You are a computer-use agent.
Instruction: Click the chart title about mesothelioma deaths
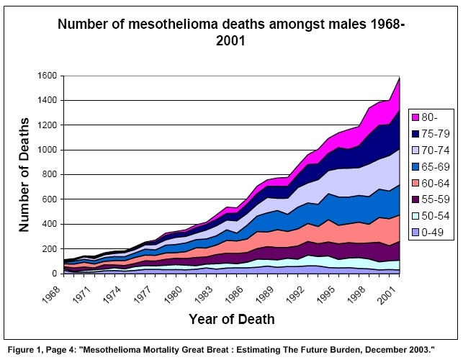[231, 32]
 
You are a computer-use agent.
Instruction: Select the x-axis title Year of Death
[231, 318]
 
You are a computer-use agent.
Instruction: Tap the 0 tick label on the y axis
[55, 274]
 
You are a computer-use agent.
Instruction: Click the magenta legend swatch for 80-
[417, 117]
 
